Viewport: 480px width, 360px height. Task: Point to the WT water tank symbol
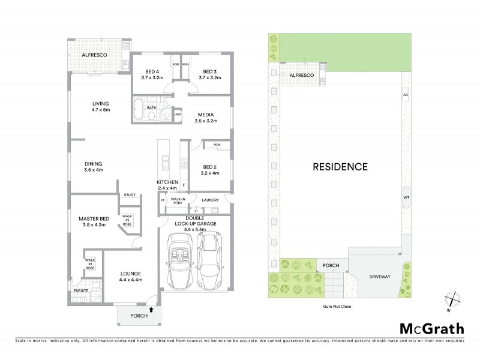[406, 197]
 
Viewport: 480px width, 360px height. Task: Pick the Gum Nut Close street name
[338, 307]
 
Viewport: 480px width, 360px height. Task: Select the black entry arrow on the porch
[151, 310]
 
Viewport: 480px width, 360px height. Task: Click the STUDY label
[130, 195]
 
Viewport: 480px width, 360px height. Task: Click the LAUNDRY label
[209, 200]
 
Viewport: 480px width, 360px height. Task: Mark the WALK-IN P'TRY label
[178, 202]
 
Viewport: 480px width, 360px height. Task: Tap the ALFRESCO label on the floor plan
[95, 54]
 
